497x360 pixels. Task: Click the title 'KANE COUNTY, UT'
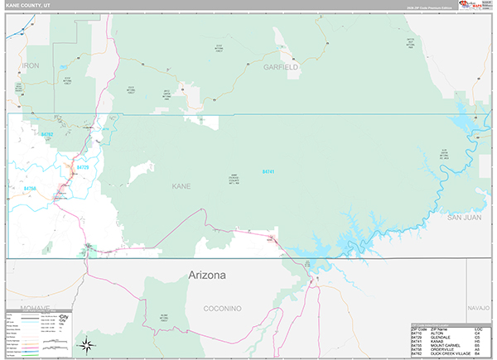pos(27,7)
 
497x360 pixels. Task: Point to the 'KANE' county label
pos(181,186)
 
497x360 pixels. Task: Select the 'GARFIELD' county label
pos(281,66)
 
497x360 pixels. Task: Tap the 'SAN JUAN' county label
pos(465,218)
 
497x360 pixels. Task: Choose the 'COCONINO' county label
pos(223,309)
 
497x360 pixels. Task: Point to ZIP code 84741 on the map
pos(268,171)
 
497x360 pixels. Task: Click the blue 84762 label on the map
pos(46,134)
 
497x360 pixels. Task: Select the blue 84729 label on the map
pos(82,167)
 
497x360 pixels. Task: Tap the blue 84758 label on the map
pos(31,189)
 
